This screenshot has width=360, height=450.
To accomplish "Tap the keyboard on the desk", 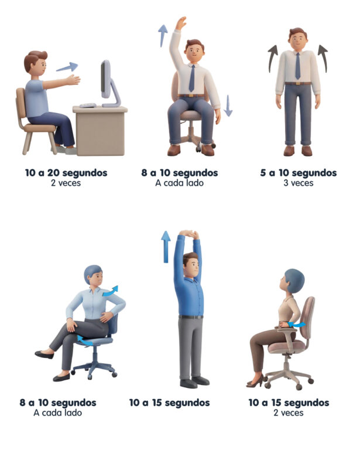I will (88, 105).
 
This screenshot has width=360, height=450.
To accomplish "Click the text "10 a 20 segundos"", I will (66, 173).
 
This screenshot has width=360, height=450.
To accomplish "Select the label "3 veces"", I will (298, 183).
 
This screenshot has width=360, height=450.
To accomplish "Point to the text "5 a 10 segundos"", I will (298, 173).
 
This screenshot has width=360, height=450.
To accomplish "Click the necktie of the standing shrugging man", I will (297, 66).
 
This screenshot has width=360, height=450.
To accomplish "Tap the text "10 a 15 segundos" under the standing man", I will (169, 403).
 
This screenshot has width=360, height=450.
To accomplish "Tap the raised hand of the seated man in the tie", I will (181, 23).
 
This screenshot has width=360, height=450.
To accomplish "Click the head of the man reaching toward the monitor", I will (35, 62).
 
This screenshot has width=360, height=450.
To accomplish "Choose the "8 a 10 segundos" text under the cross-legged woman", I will (58, 403).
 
